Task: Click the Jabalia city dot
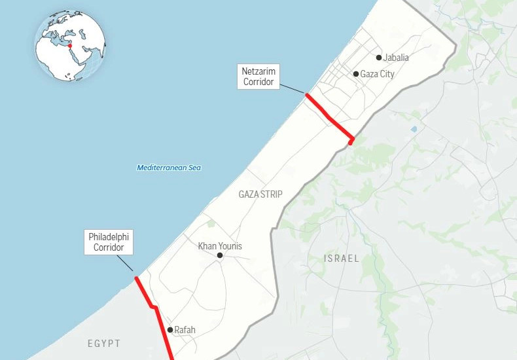[x=379, y=58]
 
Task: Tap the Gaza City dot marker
[x=356, y=74]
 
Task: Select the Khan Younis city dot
[x=220, y=255]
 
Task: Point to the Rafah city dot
[x=170, y=330]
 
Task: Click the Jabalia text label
[x=397, y=58]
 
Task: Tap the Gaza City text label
[x=378, y=74]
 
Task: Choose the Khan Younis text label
[x=220, y=246]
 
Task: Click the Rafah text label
[x=185, y=330]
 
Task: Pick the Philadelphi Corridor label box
[x=109, y=242]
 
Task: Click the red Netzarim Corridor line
[x=329, y=117]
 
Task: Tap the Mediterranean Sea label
[x=169, y=168]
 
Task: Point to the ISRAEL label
[x=342, y=259]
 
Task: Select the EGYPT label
[x=104, y=343]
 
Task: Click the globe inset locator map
[x=70, y=46]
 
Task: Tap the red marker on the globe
[x=69, y=45]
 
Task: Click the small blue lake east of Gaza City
[x=414, y=129]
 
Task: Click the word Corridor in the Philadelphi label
[x=109, y=247]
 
